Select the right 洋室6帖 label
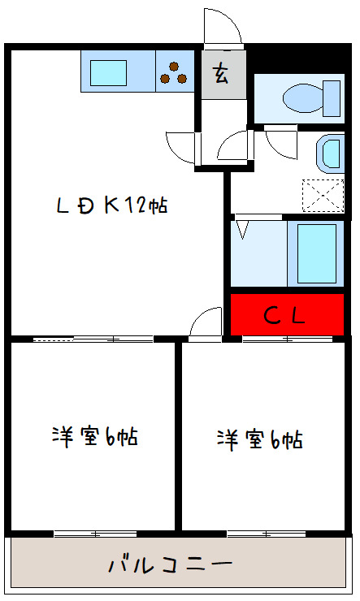(259, 439)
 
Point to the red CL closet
(285, 314)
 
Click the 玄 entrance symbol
(221, 74)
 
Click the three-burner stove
(173, 71)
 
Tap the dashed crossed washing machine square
(323, 196)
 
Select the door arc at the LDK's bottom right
(206, 322)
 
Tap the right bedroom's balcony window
(266, 534)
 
